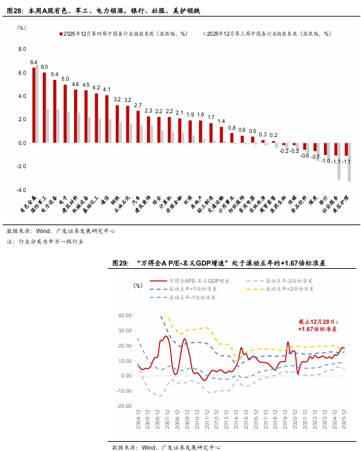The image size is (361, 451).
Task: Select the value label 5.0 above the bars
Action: click(65, 79)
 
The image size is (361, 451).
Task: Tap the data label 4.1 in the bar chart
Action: click(106, 89)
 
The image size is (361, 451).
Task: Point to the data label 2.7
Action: click(138, 105)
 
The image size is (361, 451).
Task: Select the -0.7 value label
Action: click(315, 157)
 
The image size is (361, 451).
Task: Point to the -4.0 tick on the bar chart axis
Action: click(20, 190)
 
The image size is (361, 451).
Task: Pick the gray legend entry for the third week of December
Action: click(270, 32)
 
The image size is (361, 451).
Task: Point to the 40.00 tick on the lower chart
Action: click(124, 315)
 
